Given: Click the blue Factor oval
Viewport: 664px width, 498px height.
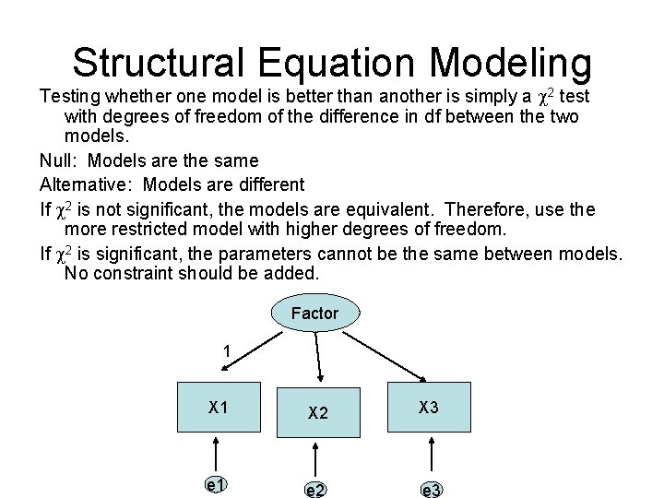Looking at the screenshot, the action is point(314,314).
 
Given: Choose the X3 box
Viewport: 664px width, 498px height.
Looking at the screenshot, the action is point(429,408).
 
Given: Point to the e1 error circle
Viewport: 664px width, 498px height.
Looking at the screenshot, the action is point(217,484).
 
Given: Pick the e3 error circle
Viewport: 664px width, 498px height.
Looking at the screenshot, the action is point(431,489).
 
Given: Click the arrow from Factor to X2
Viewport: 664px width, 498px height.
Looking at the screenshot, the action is point(317,356).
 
